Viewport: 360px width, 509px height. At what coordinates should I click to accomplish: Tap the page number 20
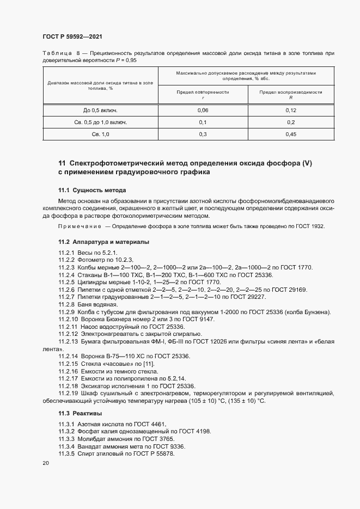(x=46, y=463)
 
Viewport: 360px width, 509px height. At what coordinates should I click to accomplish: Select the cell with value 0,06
(x=203, y=110)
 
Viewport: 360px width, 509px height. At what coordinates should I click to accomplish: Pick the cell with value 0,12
(x=291, y=110)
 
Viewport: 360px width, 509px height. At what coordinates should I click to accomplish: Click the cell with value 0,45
(x=291, y=134)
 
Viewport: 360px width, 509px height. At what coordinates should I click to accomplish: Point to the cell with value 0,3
(x=203, y=134)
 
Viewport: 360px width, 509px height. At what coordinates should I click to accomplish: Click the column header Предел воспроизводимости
(x=291, y=93)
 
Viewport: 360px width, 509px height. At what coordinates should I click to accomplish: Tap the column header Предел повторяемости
(x=203, y=93)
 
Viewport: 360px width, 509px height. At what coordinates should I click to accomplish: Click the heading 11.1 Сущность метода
(x=92, y=191)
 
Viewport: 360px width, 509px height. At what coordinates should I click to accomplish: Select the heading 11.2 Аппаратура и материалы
(x=105, y=241)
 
